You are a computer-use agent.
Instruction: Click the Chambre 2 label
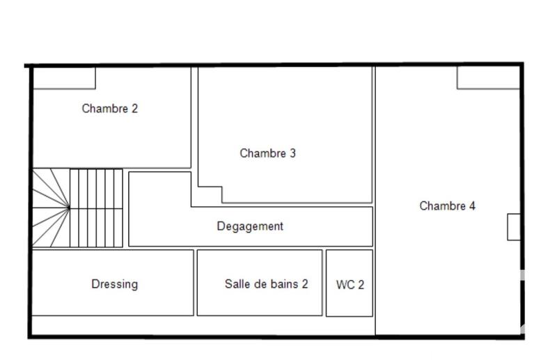click(x=109, y=109)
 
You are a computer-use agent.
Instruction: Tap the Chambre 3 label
click(x=267, y=153)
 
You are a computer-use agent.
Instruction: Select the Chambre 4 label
click(x=447, y=206)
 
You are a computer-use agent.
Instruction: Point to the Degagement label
click(x=250, y=226)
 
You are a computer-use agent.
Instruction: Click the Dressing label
click(x=114, y=284)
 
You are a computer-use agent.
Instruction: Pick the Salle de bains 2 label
click(x=266, y=284)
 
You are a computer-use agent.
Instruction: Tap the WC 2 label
click(x=350, y=285)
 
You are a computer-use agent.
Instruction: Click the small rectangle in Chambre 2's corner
click(x=64, y=78)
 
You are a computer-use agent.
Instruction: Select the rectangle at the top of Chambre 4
click(x=488, y=78)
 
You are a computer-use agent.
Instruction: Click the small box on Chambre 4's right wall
click(x=514, y=227)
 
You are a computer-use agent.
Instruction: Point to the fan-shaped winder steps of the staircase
click(x=49, y=208)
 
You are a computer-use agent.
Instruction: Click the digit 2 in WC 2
click(x=360, y=285)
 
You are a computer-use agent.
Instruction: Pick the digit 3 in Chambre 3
click(x=292, y=153)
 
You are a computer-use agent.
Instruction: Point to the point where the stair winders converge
click(x=69, y=207)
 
